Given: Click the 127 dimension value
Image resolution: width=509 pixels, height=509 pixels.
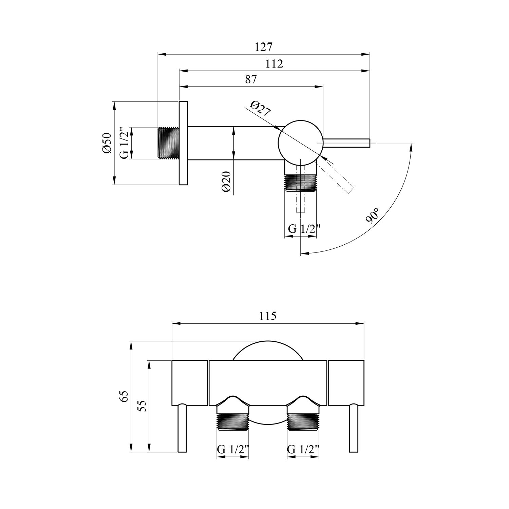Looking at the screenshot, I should tap(264, 47).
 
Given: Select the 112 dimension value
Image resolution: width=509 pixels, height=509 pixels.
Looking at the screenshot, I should tap(274, 64).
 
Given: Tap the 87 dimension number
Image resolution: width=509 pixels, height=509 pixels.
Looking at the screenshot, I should tap(250, 79).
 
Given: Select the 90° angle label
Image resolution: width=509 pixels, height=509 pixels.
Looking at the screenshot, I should tap(373, 216).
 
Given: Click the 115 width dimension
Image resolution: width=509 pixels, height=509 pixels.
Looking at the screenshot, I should tap(268, 316).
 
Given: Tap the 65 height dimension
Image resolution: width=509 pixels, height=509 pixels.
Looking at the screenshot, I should tap(124, 396).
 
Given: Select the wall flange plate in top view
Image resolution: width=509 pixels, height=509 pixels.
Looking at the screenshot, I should tap(183, 143).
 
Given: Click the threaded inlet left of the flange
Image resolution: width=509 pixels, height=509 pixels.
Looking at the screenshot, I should tap(169, 143).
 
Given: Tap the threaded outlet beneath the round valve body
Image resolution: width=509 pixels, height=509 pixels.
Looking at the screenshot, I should tap(300, 183).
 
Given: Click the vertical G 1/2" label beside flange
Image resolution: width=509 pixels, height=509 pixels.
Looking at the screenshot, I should tap(125, 143).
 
